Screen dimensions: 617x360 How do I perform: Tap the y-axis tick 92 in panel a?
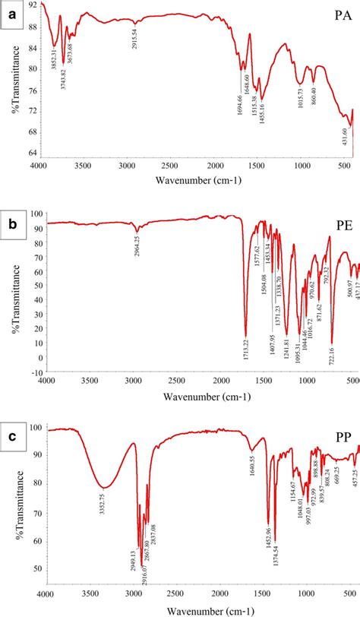coord(32,5)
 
